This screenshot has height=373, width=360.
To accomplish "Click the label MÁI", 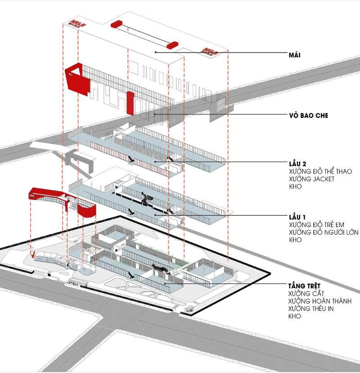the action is [x=295, y=55].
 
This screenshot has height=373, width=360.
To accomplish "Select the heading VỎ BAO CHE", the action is [x=308, y=115].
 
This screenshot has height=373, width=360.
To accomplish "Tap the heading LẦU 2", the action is [x=298, y=164].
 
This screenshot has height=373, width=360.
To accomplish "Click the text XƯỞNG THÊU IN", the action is [x=311, y=309].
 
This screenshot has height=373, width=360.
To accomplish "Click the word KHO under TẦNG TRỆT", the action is [x=295, y=317].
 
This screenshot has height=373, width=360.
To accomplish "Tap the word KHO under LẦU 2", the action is [x=295, y=186].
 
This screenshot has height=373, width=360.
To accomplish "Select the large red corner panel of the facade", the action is [x=78, y=81].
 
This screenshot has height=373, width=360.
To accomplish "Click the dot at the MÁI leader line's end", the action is [x=155, y=53].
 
